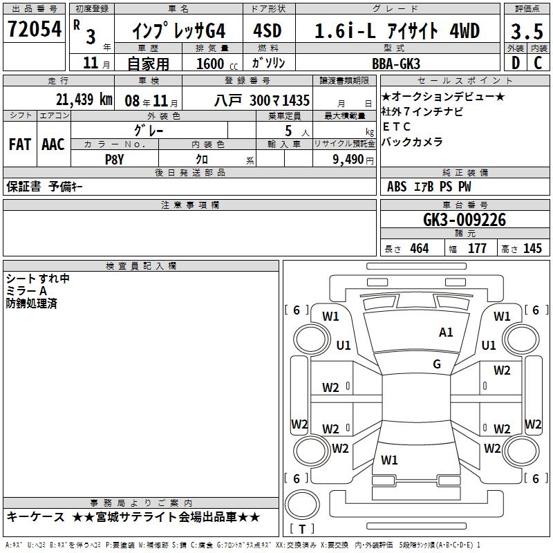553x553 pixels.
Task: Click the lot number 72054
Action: pos(35,29)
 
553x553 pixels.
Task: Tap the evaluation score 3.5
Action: pos(527,31)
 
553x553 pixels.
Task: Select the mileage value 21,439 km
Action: pos(84,100)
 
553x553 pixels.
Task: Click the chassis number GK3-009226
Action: pos(465,220)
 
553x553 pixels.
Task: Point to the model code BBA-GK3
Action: pos(396,64)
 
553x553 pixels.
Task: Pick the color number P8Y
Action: pos(115,160)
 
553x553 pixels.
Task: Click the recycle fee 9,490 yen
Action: pos(353,160)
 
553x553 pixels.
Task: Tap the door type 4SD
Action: pos(268,30)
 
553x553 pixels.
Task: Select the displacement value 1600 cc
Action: pos(217,64)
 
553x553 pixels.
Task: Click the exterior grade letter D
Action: pos(516,63)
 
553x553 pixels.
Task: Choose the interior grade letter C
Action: pos(538,63)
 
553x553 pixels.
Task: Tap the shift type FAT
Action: pos(20,144)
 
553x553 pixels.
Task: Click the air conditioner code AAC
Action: pos(53,144)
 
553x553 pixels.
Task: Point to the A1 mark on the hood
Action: pos(446,332)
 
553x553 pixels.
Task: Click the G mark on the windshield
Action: pos(437,364)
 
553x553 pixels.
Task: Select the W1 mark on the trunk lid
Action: pos(389,460)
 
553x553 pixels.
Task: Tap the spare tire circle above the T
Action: pos(302,505)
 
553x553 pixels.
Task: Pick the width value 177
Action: pos(477,249)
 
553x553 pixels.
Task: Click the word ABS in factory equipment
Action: pos(397,187)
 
